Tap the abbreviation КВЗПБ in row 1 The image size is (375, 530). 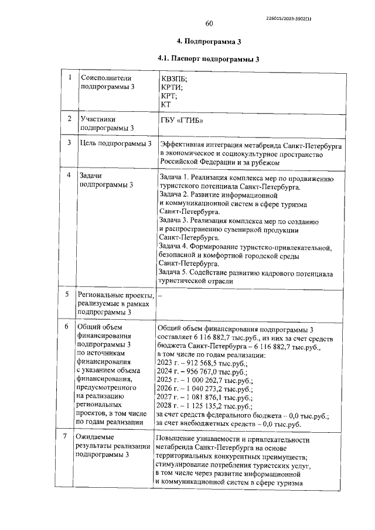click(175, 78)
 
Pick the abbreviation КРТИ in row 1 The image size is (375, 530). click(172, 87)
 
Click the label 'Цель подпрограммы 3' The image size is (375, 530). click(115, 143)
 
